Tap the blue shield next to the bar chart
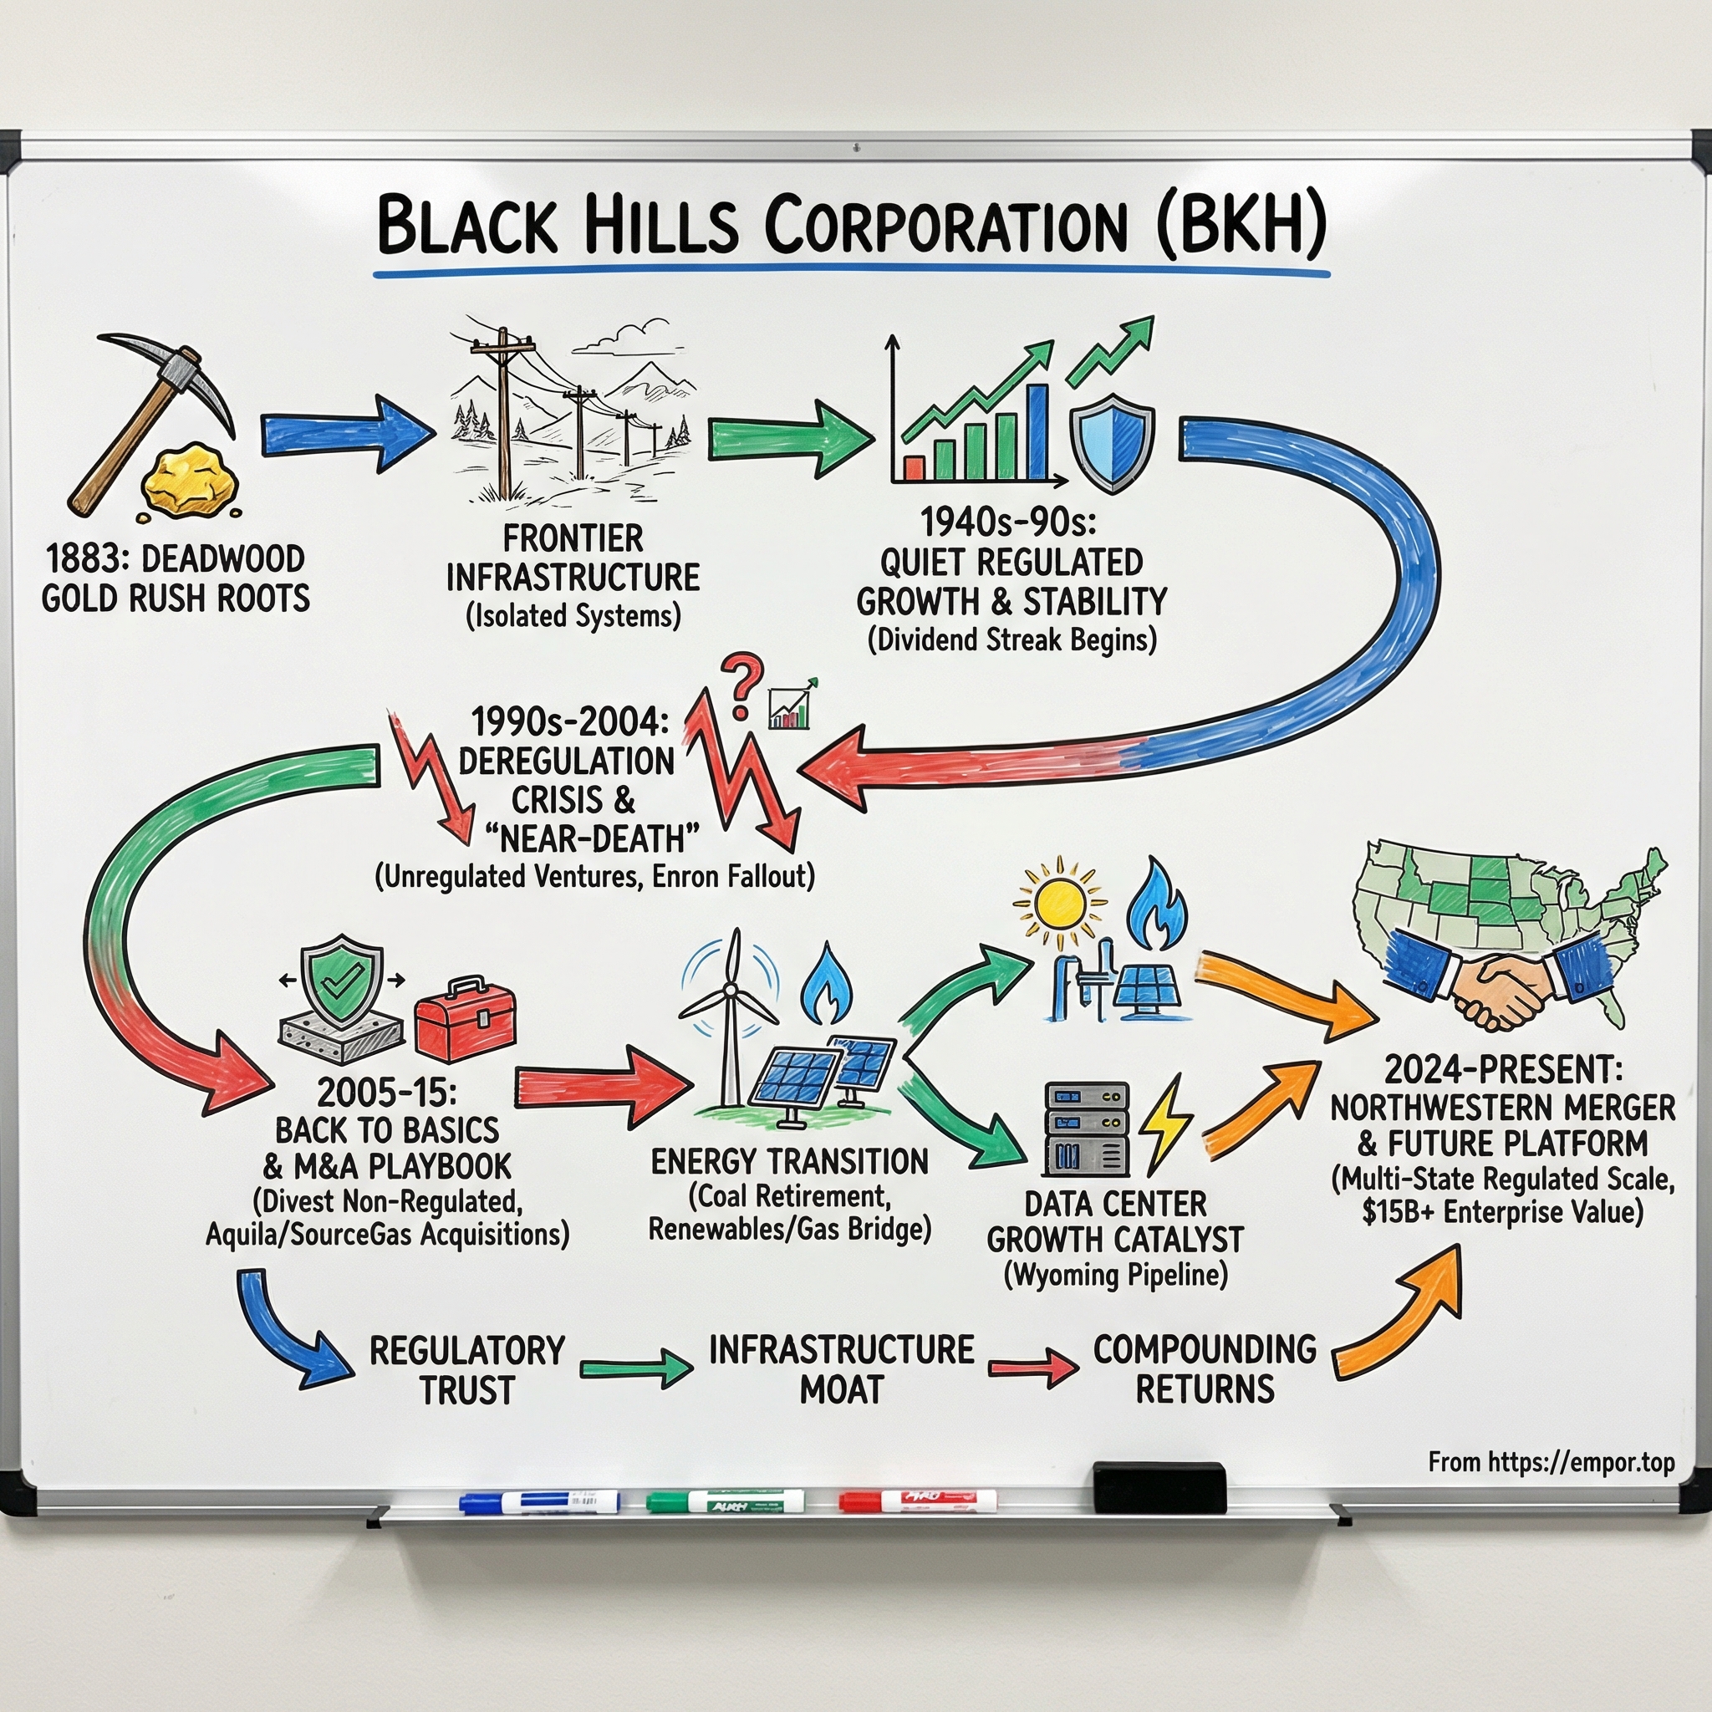1112,441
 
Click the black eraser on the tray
1159,1487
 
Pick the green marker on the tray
725,1501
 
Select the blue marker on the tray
539,1501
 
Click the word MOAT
841,1389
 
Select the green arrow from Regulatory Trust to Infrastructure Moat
636,1368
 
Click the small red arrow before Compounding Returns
1033,1368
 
